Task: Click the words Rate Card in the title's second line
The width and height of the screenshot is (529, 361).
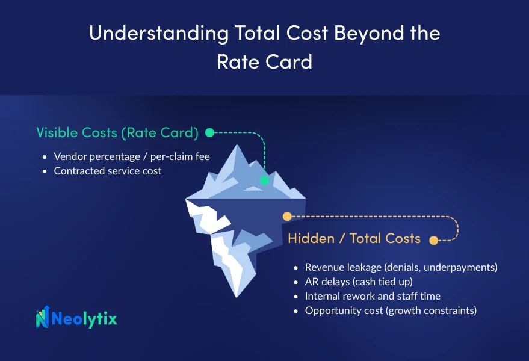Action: [265, 61]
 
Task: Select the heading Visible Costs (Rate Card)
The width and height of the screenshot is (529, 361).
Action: [117, 132]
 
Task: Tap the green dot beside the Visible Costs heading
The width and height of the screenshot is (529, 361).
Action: [209, 132]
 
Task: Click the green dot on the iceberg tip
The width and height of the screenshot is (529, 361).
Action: [265, 180]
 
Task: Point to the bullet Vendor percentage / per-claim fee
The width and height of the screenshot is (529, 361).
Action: [132, 156]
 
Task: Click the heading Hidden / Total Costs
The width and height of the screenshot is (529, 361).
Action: [354, 238]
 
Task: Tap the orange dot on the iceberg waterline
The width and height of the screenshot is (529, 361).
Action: [287, 216]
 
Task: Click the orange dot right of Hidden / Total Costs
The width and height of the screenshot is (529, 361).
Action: [434, 240]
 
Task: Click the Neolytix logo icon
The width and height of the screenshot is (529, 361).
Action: [43, 317]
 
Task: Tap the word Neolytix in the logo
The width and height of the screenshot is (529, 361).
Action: [84, 318]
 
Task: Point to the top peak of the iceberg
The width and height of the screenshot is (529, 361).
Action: [237, 146]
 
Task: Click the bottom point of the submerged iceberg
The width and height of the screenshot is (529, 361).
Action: [237, 297]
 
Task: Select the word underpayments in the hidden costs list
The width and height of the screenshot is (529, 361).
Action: [460, 267]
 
